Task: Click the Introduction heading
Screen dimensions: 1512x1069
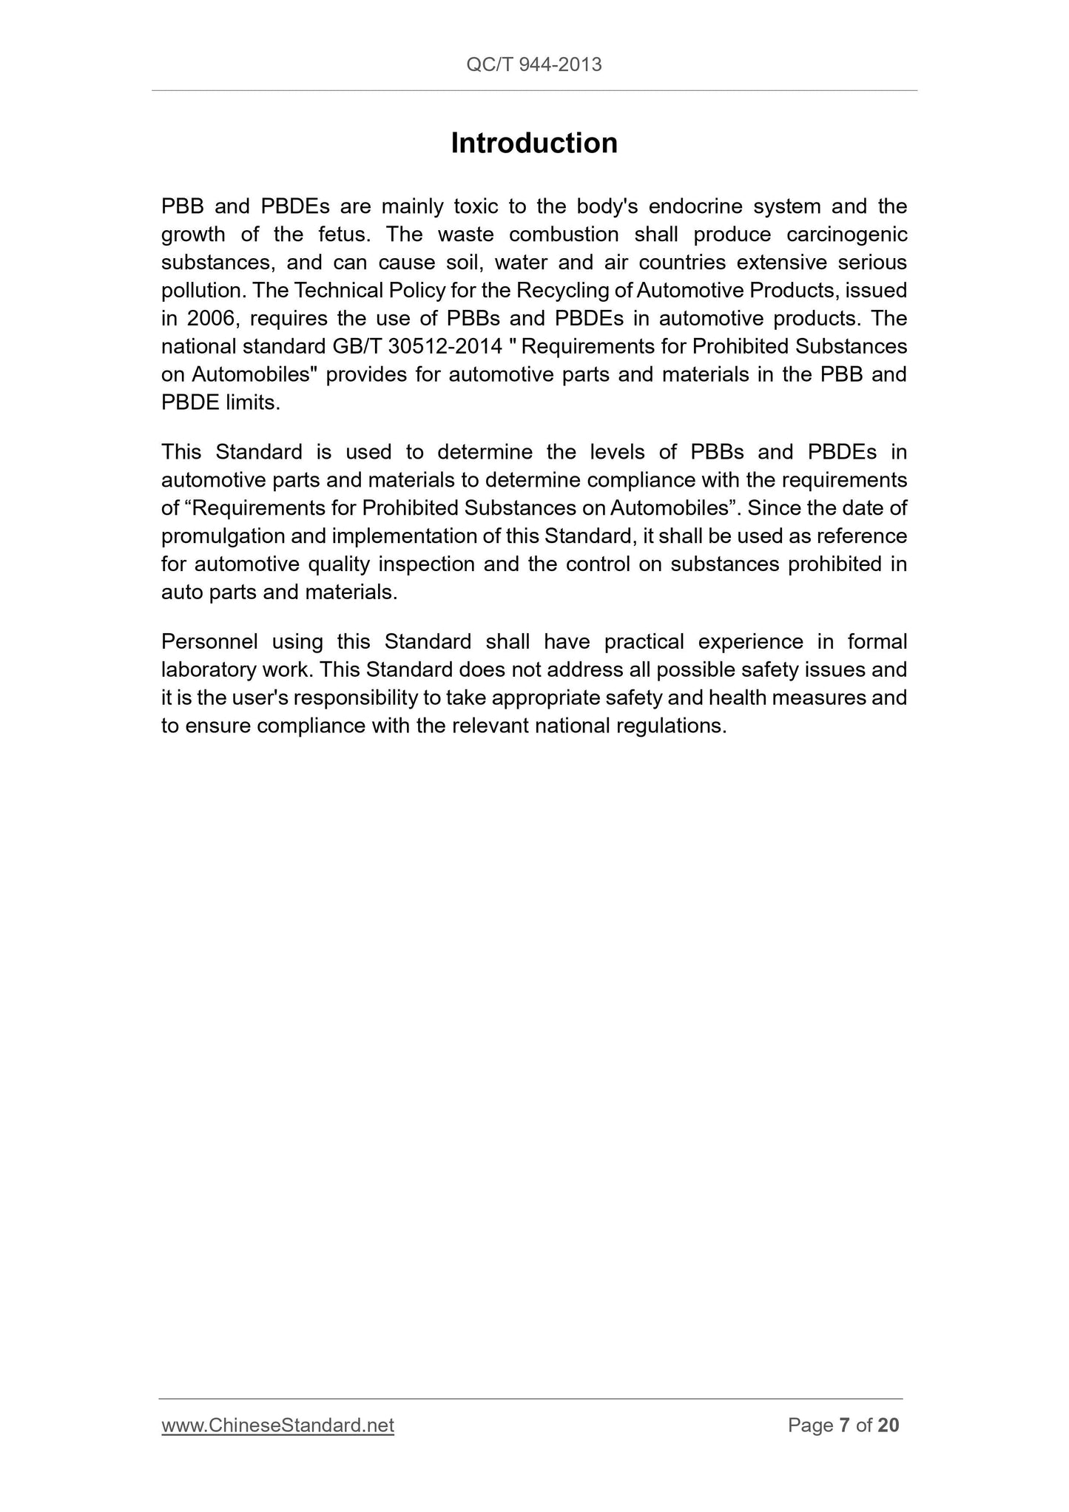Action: point(534,144)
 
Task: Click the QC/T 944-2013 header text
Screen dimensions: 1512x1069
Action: point(534,65)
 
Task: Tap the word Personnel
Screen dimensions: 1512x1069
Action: point(209,641)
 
